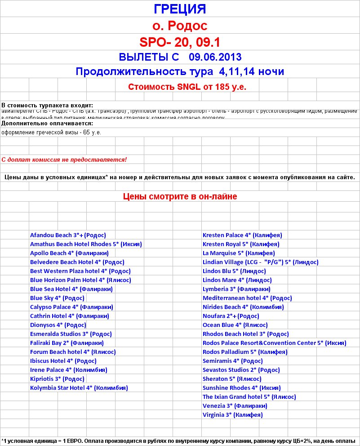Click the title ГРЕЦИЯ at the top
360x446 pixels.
coord(180,9)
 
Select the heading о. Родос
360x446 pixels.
coord(180,25)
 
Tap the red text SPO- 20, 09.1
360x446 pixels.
coord(180,42)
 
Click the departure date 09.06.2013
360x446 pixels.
coord(215,57)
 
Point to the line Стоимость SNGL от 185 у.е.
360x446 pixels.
coord(187,87)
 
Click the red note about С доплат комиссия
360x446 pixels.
coord(64,159)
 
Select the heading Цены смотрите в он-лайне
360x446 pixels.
coord(180,196)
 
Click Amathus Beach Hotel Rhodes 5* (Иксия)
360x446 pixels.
coord(86,244)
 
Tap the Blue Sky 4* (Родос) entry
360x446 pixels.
coord(57,298)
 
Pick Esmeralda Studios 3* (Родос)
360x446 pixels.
coord(71,334)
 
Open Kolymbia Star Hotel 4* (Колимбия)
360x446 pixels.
coord(79,388)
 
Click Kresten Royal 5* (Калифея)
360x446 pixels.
coord(241,244)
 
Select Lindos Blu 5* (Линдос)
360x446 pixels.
coord(234,271)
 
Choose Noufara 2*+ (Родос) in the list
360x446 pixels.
coord(231,316)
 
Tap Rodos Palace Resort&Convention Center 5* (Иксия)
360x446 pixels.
coord(274,343)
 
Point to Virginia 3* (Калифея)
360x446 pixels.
coord(232,415)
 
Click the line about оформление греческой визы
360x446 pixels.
coord(51,132)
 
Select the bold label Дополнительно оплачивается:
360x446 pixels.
coord(47,123)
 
